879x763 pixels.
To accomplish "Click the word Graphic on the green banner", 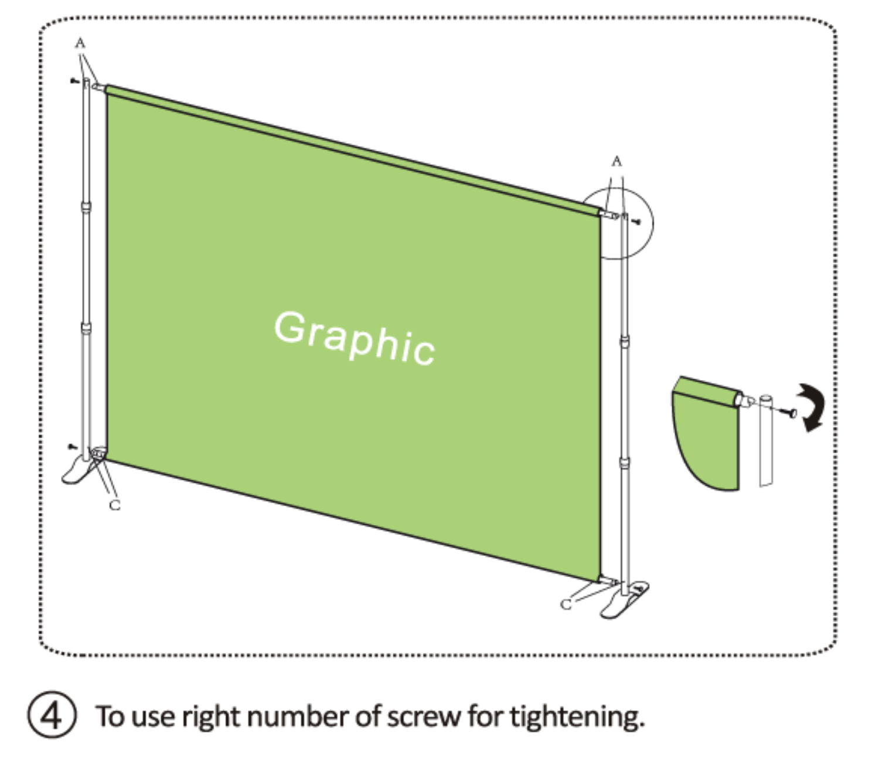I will tap(354, 338).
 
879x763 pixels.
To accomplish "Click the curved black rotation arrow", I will tap(811, 407).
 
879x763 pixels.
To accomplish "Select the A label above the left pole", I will tap(80, 43).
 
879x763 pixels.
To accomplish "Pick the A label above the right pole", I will tap(616, 161).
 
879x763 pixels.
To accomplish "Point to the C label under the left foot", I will tap(115, 504).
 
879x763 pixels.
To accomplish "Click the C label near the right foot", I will tap(566, 604).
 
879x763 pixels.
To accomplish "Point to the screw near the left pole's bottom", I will tap(73, 447).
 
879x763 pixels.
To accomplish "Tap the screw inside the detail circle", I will tap(637, 222).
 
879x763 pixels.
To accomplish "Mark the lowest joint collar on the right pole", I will tap(625, 463).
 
